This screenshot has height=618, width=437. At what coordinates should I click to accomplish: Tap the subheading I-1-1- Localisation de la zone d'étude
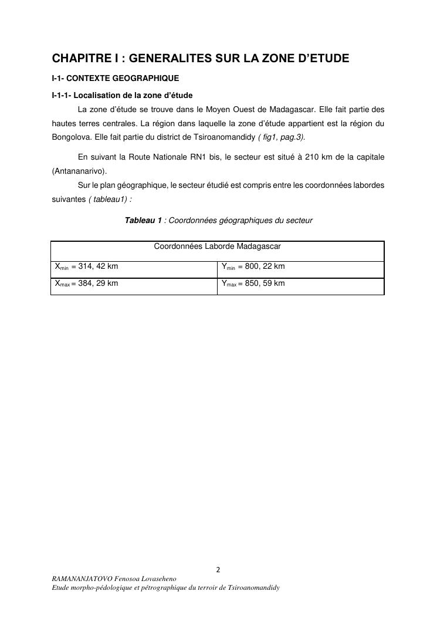pos(122,95)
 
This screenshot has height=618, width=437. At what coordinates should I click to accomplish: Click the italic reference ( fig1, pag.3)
pos(282,137)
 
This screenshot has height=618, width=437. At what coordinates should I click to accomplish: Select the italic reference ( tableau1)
pos(110,199)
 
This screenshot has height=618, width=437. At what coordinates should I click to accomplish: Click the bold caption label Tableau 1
pos(143,221)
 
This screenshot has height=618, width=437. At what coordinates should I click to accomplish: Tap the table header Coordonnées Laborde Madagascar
pos(217,246)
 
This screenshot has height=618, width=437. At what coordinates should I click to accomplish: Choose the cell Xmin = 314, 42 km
pos(86,266)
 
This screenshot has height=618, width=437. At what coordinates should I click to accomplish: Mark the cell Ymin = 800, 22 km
pos(253,266)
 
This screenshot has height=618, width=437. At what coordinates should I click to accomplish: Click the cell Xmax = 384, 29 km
pos(86,283)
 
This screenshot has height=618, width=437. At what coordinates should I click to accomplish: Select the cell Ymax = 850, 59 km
pos(253,283)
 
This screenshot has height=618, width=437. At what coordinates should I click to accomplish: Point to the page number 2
pos(218,569)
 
